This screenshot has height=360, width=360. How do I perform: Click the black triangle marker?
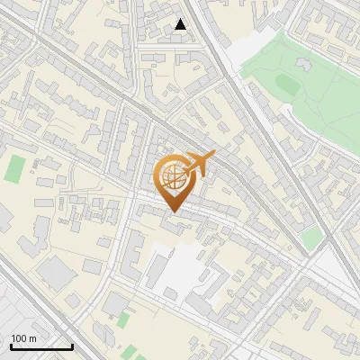point(181,24)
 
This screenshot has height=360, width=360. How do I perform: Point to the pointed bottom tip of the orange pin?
point(174,211)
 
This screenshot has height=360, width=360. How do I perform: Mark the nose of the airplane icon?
point(214,154)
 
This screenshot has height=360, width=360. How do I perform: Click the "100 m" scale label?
point(23,338)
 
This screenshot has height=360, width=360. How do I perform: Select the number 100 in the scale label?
point(19,338)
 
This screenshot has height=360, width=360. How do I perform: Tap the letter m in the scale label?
point(32,338)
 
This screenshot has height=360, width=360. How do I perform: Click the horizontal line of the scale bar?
point(41,347)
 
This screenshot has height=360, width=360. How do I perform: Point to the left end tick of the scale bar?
point(11,346)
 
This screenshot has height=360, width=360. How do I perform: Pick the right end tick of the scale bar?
point(72,346)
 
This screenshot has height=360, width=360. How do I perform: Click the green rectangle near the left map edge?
point(15,168)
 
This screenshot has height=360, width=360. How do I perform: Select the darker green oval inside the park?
point(286,84)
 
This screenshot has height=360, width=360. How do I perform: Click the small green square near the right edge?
point(311,238)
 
